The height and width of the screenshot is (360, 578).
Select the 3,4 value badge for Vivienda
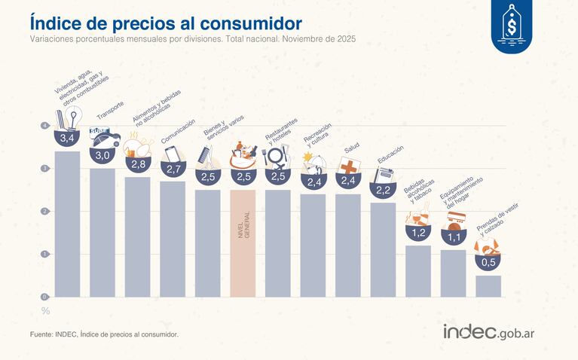coord(67,139)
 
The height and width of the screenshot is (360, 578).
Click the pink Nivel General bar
coord(243,243)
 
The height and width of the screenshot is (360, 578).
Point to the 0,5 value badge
coord(488,262)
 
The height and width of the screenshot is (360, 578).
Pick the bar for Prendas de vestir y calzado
coord(488,286)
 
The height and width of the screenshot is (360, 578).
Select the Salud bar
coord(348,245)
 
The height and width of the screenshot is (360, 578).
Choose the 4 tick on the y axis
coord(44,125)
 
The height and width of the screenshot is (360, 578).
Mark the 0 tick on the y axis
coord(44,297)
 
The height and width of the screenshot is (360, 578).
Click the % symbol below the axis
coord(45,310)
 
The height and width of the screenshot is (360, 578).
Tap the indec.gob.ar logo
coord(494,332)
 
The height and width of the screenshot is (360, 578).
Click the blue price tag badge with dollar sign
coord(516,26)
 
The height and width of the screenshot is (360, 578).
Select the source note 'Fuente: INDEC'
coord(104,334)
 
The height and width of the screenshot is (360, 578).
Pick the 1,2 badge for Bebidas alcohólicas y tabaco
coord(418,233)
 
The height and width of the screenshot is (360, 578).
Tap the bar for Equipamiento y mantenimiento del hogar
coord(454,273)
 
